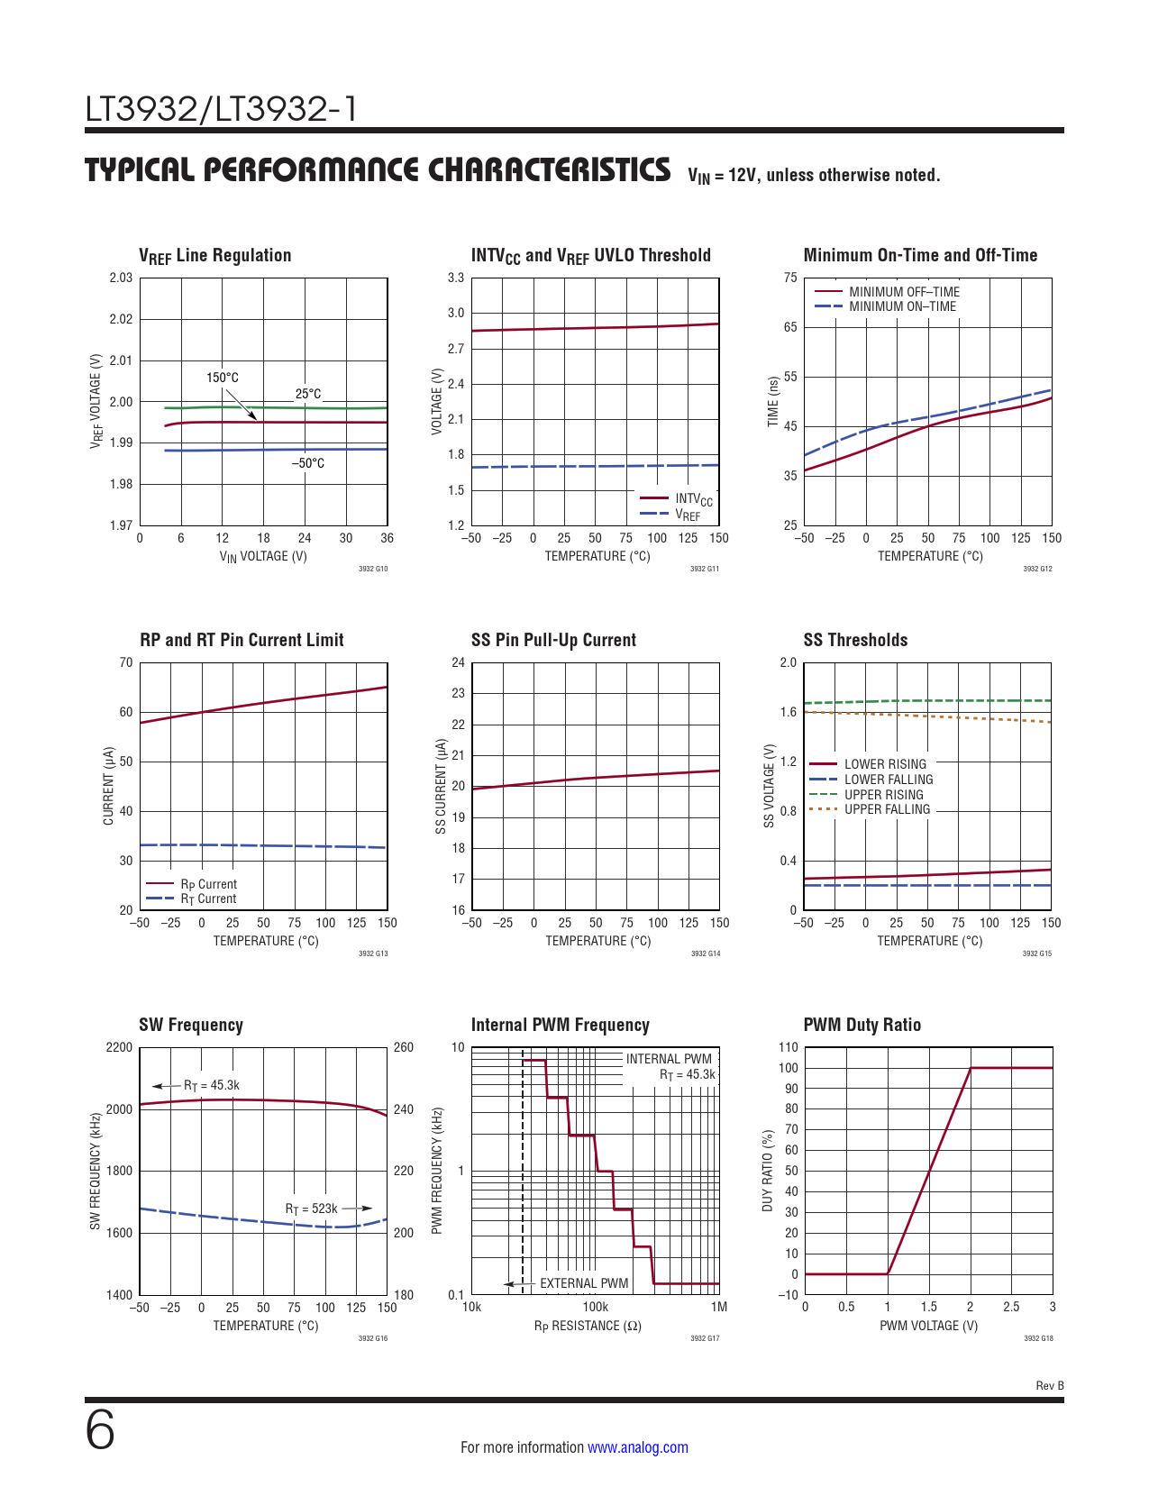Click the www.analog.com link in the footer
(637, 1447)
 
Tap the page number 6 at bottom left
(100, 1430)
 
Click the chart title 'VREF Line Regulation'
(214, 256)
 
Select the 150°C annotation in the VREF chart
(223, 378)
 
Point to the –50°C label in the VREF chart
(307, 463)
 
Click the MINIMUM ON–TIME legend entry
(902, 306)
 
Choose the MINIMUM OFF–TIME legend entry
(904, 292)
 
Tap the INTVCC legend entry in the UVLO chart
(693, 499)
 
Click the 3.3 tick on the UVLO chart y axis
(456, 278)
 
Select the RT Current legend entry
(208, 899)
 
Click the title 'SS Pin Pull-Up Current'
(553, 640)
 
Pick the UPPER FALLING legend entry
(887, 809)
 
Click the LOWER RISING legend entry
(885, 764)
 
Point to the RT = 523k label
(311, 1209)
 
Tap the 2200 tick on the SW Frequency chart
(119, 1047)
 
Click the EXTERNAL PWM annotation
(584, 1283)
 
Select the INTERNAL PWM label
(669, 1059)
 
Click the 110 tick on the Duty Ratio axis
(789, 1047)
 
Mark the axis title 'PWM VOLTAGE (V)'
(928, 1326)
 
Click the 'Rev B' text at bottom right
(1049, 1386)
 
